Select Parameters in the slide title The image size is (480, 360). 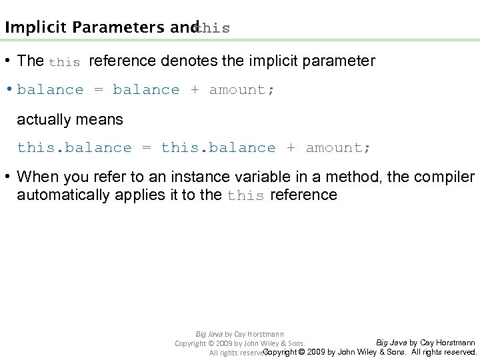tap(120, 27)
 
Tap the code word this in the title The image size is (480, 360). tap(214, 28)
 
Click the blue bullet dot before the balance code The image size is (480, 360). tap(9, 89)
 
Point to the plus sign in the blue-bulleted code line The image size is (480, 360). tap(195, 90)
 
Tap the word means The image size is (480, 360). tap(99, 120)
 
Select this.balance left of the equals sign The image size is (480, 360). tap(74, 147)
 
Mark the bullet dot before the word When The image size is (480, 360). tap(9, 177)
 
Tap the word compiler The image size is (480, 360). tap(444, 177)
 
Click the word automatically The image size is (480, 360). tap(65, 195)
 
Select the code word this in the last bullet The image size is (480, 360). tap(245, 195)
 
